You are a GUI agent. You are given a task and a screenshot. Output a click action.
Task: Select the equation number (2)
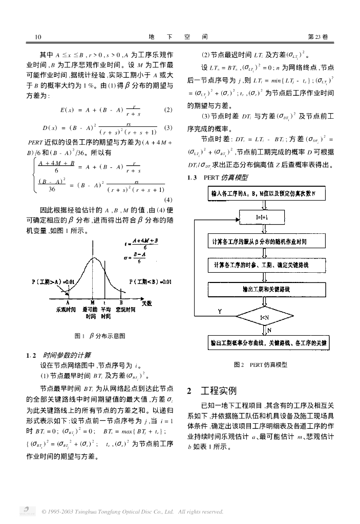(x=168, y=110)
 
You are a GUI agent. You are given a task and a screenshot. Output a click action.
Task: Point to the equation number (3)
(x=168, y=127)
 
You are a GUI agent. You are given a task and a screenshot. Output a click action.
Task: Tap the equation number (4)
(x=168, y=200)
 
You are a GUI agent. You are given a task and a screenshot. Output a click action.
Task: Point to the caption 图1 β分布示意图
(x=100, y=336)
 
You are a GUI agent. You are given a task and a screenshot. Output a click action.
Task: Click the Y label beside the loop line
(x=220, y=311)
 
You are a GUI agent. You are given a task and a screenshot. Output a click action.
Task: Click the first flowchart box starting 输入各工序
(x=262, y=193)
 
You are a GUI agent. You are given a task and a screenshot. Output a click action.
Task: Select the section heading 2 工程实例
(x=211, y=391)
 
